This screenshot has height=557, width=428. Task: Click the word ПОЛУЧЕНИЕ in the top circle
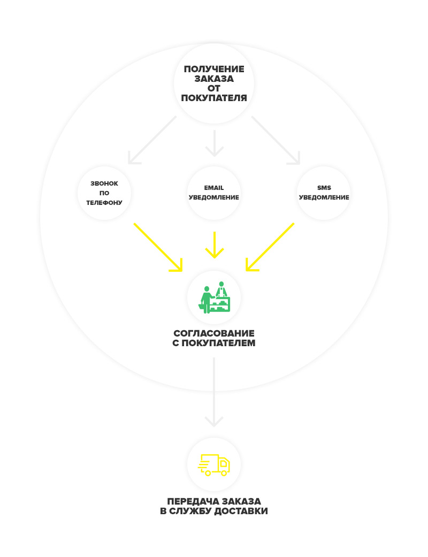coord(214,69)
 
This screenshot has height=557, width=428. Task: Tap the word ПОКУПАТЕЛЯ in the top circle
coord(214,98)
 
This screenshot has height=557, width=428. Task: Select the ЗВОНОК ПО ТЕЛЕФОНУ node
coord(104,193)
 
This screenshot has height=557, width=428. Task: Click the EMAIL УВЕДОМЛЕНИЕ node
coord(214,193)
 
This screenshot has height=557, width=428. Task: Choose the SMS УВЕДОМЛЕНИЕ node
coord(324,193)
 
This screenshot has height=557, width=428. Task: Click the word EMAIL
coord(214,188)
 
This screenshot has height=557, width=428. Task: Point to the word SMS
coord(324,188)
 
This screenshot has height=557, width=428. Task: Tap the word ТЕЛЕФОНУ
coord(104,203)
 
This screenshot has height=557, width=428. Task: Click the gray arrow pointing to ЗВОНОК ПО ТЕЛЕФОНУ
coord(152,140)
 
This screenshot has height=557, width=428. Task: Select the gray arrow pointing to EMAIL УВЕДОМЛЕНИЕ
coord(214,143)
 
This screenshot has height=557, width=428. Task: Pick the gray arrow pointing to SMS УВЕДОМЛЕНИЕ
coord(276,140)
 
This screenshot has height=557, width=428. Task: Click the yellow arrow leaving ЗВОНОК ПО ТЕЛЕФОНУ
coord(158,247)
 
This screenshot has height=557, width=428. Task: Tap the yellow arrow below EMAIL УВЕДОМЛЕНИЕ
coord(215,245)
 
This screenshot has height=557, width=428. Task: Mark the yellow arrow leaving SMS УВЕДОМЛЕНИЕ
coord(270,247)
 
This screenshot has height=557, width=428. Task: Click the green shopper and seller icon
coord(214,297)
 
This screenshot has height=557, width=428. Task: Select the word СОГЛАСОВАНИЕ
coord(214,333)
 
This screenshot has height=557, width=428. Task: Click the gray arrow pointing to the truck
coord(214,392)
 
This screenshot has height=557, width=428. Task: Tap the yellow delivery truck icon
coord(214,464)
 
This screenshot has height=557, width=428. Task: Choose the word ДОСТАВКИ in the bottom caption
coord(241,511)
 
